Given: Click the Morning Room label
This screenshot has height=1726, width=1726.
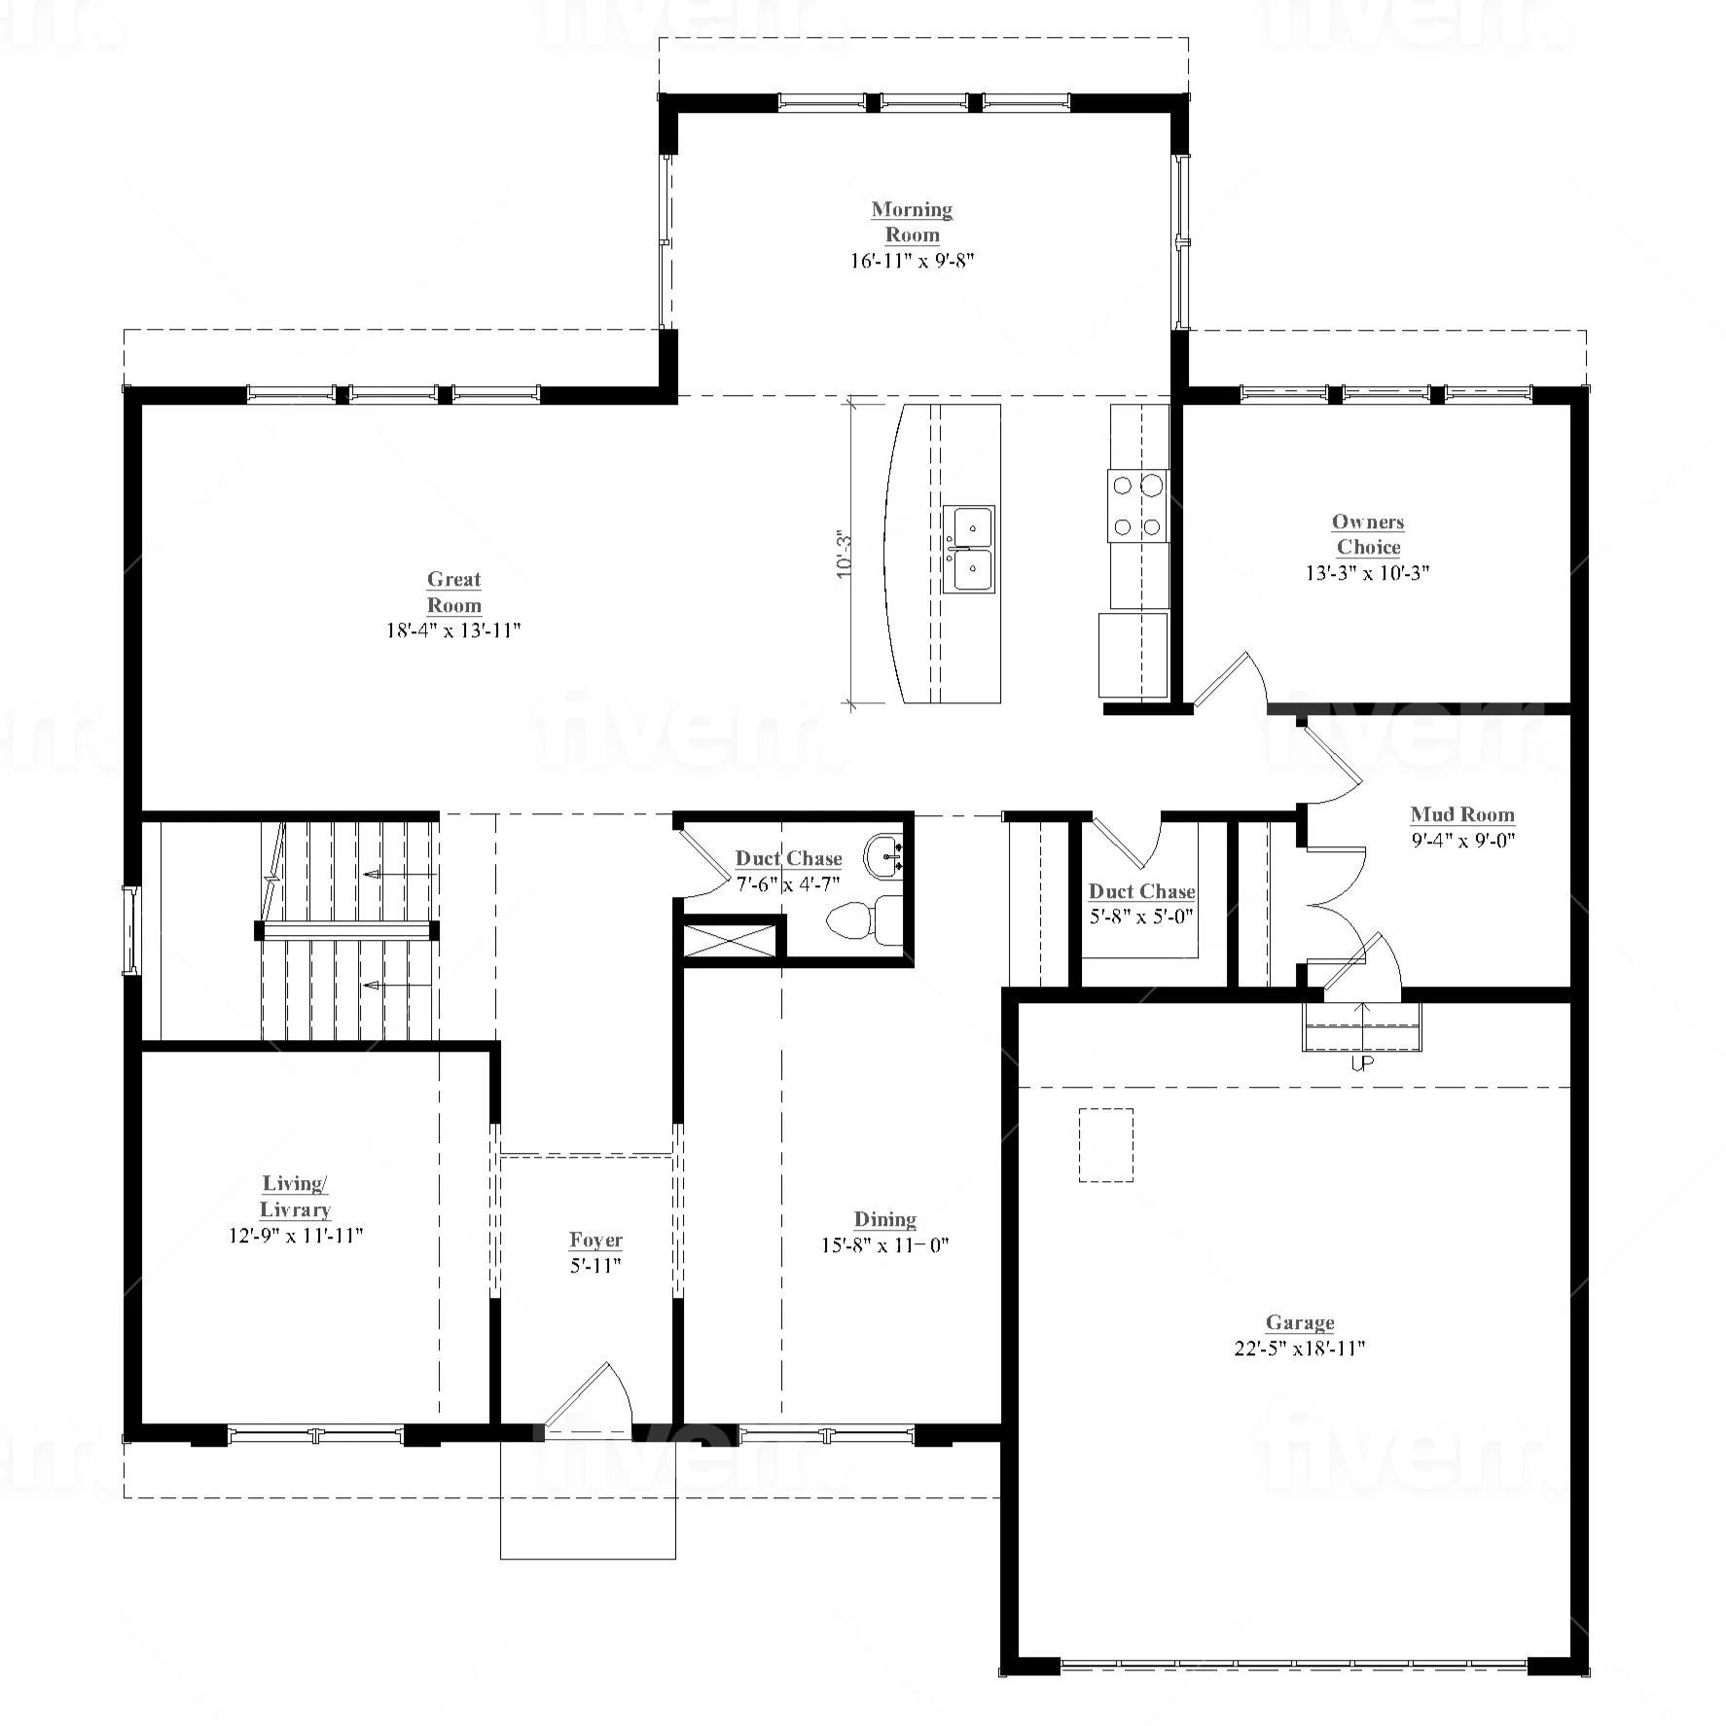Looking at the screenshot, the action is pyautogui.click(x=912, y=222).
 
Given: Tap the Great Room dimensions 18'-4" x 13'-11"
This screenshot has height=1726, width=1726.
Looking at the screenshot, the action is pyautogui.click(x=453, y=630).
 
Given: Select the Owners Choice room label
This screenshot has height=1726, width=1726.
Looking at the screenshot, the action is pyautogui.click(x=1368, y=534).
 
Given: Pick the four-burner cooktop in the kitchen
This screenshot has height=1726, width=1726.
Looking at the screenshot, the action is pyautogui.click(x=1137, y=505).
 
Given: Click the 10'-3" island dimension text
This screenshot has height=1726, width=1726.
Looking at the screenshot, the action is pyautogui.click(x=844, y=555).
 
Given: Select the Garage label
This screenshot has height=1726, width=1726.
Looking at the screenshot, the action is pyautogui.click(x=1300, y=1322).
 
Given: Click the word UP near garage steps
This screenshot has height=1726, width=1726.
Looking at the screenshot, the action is pyautogui.click(x=1362, y=1064).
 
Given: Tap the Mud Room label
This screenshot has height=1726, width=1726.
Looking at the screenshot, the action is pyautogui.click(x=1462, y=814).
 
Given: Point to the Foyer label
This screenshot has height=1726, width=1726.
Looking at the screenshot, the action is pyautogui.click(x=595, y=1241).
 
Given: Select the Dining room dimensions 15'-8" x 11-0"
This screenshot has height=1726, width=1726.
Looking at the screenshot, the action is pyautogui.click(x=884, y=1245).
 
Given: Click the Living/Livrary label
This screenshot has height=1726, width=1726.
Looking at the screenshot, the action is pyautogui.click(x=295, y=1197).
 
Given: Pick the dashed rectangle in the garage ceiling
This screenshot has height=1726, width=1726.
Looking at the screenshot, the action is pyautogui.click(x=1106, y=1145).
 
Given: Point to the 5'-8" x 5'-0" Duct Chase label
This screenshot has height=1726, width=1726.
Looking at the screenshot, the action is pyautogui.click(x=1141, y=904).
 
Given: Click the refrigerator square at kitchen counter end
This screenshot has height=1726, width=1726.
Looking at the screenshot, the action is pyautogui.click(x=1133, y=655).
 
